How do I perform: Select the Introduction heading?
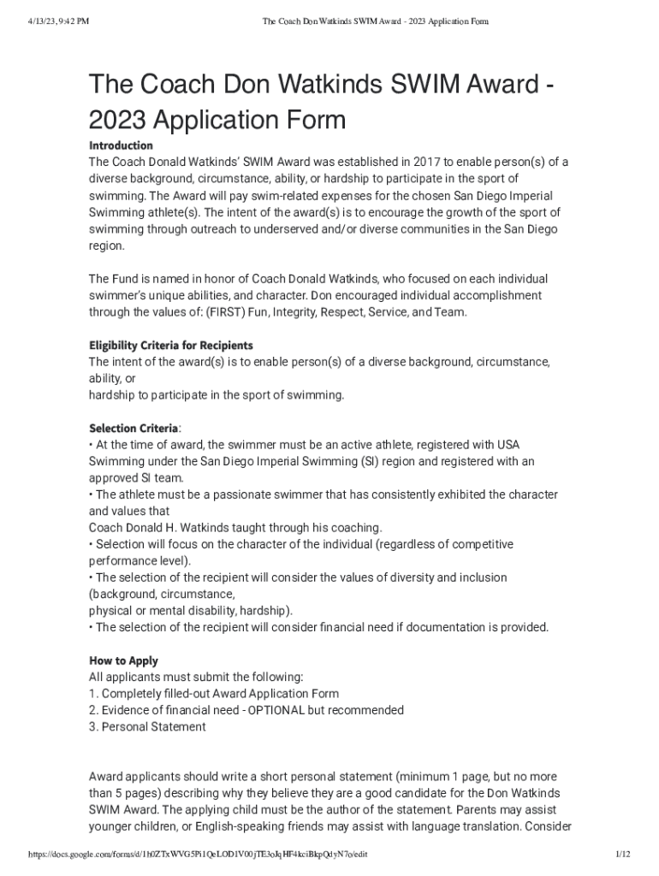(x=121, y=145)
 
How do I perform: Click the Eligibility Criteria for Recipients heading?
(x=171, y=346)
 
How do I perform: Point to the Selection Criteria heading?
(x=134, y=428)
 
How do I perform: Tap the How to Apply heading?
(x=123, y=660)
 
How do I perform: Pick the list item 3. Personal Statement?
(x=147, y=727)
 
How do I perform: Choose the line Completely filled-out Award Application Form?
(x=220, y=694)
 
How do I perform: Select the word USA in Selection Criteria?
(x=508, y=445)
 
